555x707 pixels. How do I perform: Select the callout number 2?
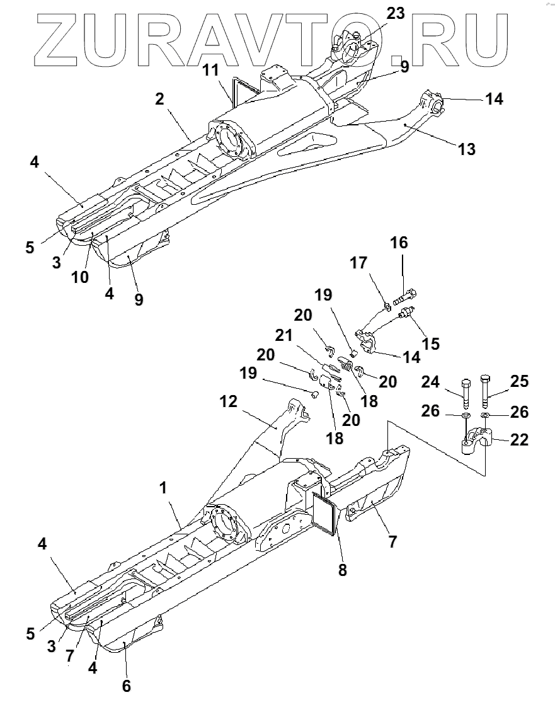point(159,98)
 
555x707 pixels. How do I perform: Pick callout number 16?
point(399,243)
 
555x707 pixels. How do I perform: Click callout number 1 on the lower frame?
point(163,487)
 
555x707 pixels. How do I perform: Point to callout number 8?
point(343,570)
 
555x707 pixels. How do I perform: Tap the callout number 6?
point(126,686)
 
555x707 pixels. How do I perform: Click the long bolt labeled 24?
point(466,394)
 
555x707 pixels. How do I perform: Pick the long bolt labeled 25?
point(486,392)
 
